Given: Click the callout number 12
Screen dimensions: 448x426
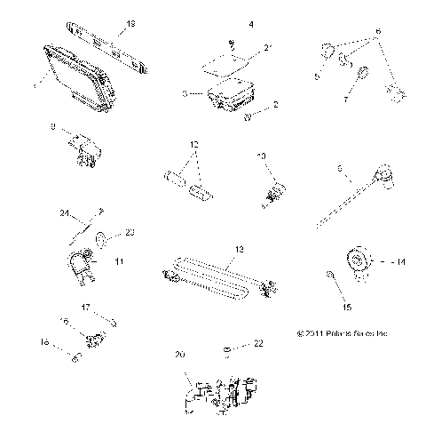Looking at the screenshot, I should (x=194, y=144).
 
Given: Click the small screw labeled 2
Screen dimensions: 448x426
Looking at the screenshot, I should (x=246, y=116).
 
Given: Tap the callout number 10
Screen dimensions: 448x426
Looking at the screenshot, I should (x=261, y=156).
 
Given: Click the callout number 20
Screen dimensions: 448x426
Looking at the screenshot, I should (x=181, y=355).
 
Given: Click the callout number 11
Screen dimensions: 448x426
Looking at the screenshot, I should (x=120, y=262).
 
